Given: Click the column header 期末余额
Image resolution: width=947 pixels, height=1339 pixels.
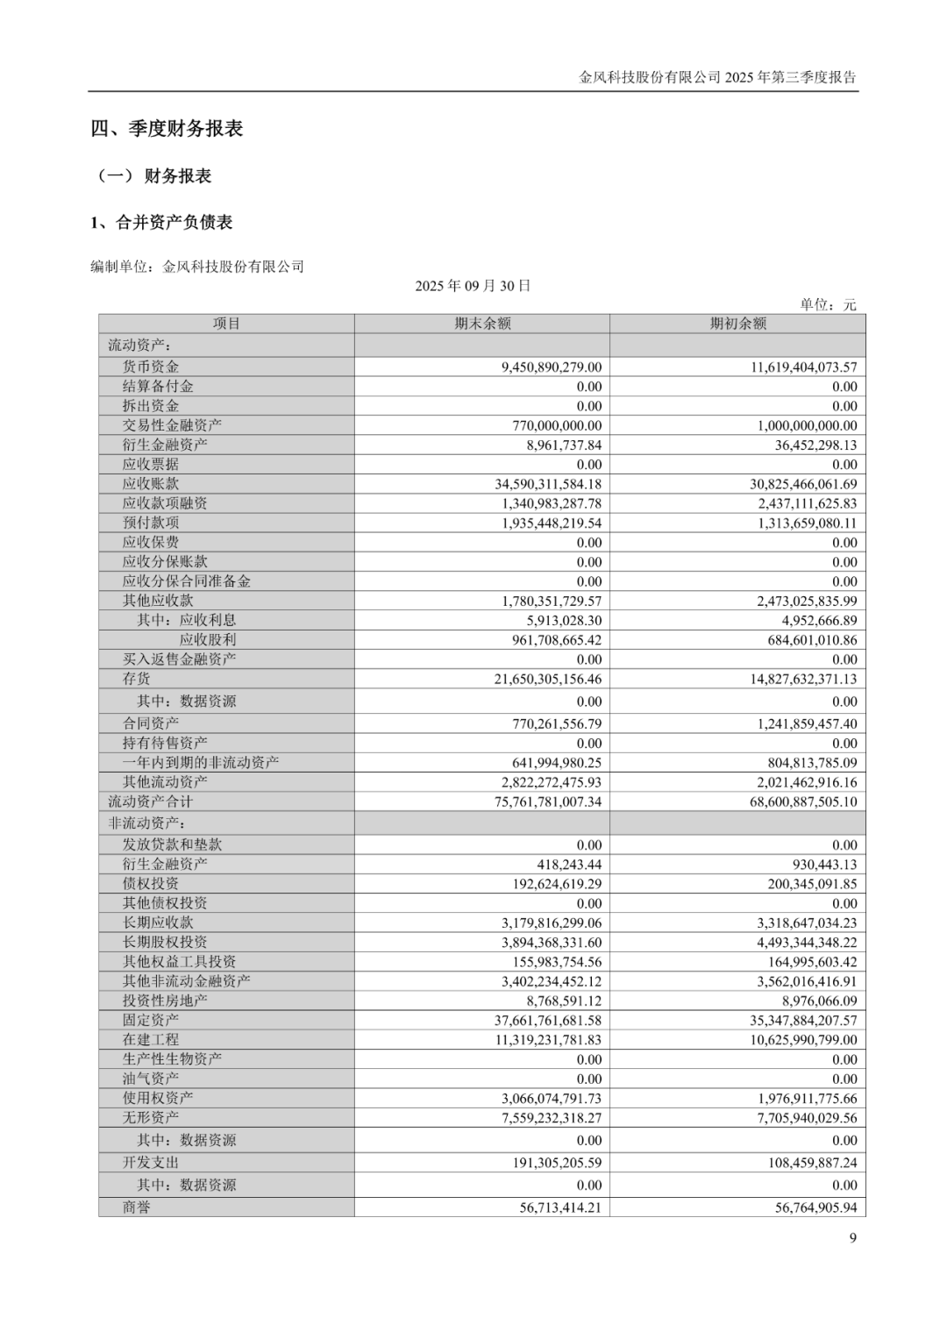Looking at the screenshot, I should point(482,324).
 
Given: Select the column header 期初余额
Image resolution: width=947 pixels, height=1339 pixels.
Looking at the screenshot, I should point(737,324).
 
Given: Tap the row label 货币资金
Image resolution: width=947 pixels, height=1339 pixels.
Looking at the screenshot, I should point(151,367).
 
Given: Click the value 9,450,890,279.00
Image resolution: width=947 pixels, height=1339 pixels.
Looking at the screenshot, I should point(552,367).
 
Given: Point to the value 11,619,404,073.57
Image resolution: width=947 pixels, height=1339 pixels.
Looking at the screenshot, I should point(803,367).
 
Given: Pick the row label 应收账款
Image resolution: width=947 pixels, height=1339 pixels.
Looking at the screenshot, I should point(151,483).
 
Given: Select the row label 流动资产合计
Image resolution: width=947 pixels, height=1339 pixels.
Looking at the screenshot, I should point(150,801).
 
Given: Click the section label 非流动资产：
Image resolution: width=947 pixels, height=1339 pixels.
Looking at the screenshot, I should point(145,823).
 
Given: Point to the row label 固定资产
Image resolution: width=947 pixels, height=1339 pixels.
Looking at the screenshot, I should point(151,1020).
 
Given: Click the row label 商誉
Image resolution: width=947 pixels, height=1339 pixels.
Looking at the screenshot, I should point(137,1207).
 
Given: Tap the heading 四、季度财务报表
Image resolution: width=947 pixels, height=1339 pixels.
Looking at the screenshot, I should point(167,129).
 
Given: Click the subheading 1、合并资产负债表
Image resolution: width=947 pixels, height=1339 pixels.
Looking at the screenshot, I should point(161,223).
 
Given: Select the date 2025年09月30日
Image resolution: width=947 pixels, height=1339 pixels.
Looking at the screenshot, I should point(473,286).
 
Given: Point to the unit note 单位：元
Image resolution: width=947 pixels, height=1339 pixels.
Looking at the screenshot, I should point(827,304).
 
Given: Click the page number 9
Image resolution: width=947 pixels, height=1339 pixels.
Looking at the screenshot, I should point(852,1237).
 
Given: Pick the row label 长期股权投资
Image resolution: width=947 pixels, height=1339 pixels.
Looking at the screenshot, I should point(165,942).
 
